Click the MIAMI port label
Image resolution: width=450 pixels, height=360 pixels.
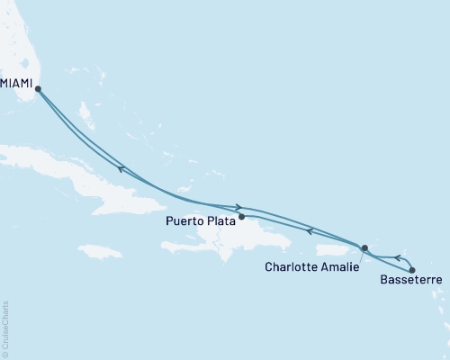click(16, 84)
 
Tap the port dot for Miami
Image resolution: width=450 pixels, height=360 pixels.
click(37, 87)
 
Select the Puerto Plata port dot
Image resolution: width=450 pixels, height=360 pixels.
click(241, 216)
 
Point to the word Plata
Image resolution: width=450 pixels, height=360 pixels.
click(221, 219)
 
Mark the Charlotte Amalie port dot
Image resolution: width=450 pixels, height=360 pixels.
click(364, 247)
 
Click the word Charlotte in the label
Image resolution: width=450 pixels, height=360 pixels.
click(292, 266)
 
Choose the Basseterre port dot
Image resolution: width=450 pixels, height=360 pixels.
click(412, 270)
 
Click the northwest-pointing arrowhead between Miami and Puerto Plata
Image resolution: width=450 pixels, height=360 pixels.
click(120, 167)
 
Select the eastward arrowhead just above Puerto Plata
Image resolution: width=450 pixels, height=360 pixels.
click(238, 207)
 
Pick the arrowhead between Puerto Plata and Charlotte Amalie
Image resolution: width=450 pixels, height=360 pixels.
click(310, 231)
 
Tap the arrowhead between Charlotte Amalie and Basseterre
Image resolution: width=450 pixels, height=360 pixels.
click(374, 258)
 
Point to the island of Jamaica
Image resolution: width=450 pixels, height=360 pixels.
click(99, 250)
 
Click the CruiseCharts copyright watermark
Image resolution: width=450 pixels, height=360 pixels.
click(5, 328)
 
